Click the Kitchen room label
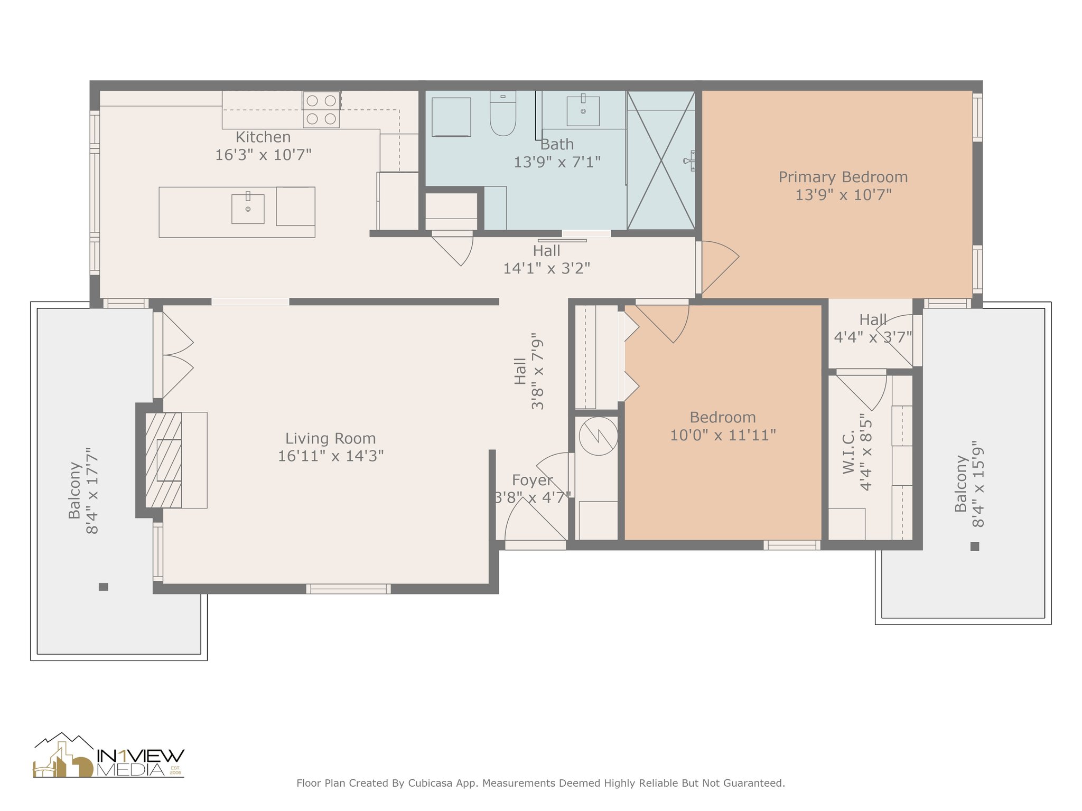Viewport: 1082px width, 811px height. tap(263, 137)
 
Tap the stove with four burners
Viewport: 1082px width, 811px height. tap(321, 109)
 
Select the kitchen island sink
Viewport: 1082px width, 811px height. tap(248, 209)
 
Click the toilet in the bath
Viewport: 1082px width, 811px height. tap(502, 114)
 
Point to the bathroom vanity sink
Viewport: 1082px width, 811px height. tap(583, 111)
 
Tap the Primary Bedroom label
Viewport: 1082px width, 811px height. tap(843, 177)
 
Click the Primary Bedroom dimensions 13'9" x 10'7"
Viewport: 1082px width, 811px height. tap(843, 195)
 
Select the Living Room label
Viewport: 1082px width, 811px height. tap(331, 438)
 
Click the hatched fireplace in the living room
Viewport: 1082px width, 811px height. tap(163, 460)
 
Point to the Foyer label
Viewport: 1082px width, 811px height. tap(532, 480)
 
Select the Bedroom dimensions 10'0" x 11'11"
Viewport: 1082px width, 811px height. tap(723, 436)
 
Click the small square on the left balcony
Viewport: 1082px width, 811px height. tap(104, 587)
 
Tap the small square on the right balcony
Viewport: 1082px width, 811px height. tap(975, 546)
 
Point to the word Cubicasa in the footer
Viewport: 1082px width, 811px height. tap(430, 783)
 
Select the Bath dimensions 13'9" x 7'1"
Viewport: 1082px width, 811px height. tap(557, 162)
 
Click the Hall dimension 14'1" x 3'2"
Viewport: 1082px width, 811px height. tap(546, 269)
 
